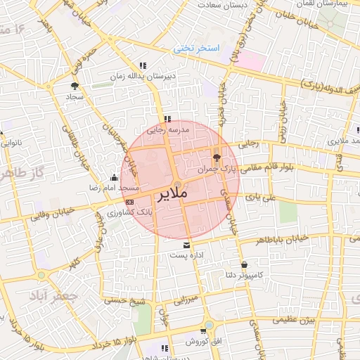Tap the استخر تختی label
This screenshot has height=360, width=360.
198,49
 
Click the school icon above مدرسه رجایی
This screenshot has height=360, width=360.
167,120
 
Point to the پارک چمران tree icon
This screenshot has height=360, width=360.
217,157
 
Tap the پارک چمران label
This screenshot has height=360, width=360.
216,169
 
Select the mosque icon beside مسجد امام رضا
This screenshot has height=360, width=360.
115,177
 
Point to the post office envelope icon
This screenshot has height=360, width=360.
186,245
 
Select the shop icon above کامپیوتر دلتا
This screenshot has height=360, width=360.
244,265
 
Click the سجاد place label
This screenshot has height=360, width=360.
75,95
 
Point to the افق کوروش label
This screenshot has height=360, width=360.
204,341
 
